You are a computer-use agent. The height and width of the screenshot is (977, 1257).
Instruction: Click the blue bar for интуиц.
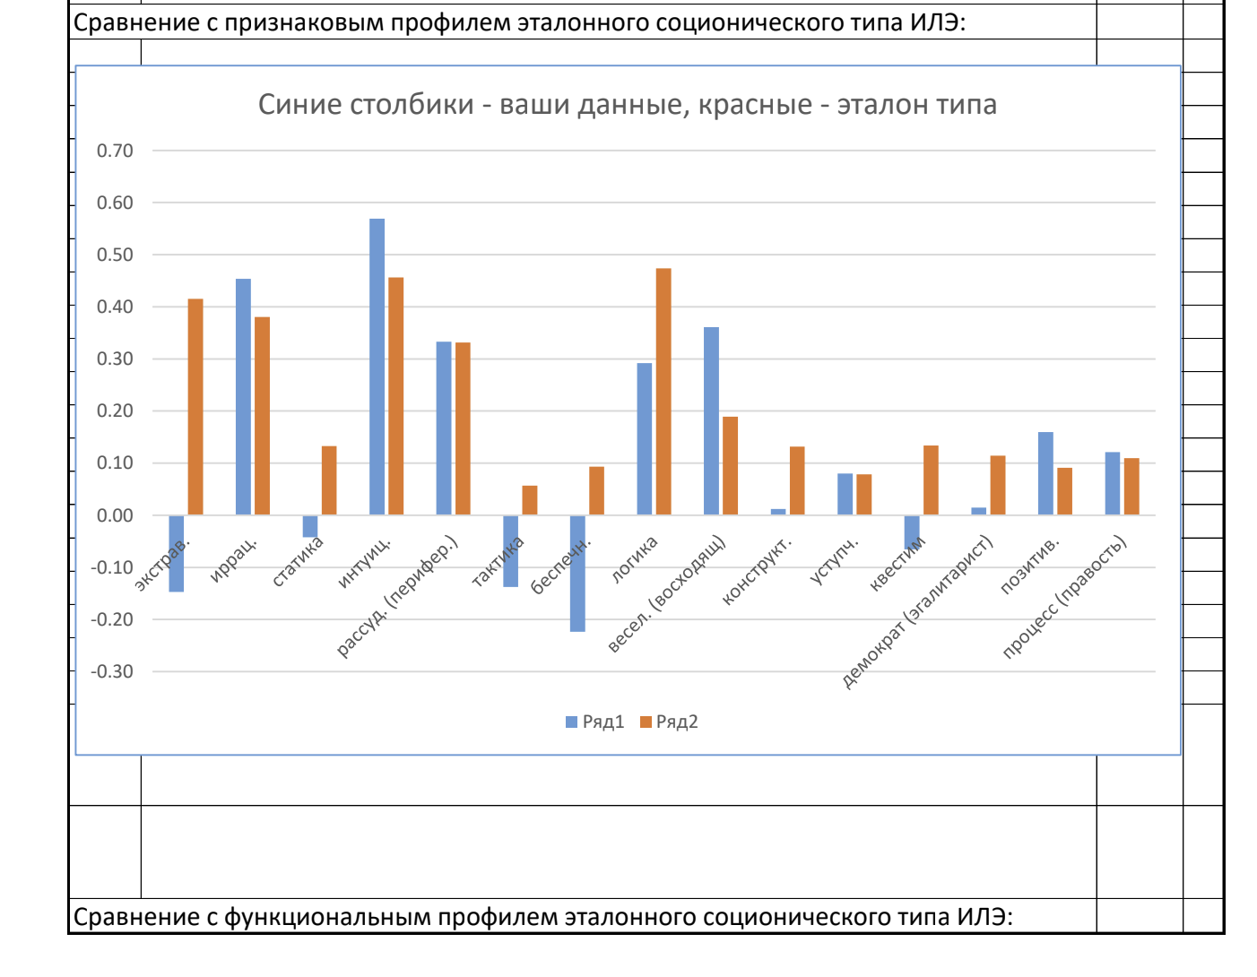[377, 367]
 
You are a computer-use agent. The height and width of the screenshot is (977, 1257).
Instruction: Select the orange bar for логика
[663, 392]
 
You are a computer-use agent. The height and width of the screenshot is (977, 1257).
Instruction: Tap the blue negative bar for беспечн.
[577, 574]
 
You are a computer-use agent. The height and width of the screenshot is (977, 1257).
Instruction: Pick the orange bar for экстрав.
[195, 407]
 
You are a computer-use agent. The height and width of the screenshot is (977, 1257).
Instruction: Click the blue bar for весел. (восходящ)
[711, 421]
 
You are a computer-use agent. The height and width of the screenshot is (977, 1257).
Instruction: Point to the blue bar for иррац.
[243, 397]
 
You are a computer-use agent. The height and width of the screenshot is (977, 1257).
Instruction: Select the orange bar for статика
[329, 480]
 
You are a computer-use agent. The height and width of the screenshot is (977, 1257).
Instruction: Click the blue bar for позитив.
[1045, 473]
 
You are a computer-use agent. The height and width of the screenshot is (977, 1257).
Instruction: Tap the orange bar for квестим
[931, 480]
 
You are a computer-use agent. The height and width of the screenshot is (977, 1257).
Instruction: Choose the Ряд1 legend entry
[594, 722]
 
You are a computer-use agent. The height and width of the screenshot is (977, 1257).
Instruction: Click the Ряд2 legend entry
[669, 722]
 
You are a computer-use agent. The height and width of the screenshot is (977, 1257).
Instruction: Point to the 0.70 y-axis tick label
[115, 151]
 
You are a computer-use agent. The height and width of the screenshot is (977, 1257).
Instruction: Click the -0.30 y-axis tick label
[112, 671]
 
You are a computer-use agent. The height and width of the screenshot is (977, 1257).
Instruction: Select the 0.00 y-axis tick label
[115, 515]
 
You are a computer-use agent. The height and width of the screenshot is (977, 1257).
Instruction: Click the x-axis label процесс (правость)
[1065, 597]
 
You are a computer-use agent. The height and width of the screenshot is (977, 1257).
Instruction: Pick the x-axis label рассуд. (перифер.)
[398, 597]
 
